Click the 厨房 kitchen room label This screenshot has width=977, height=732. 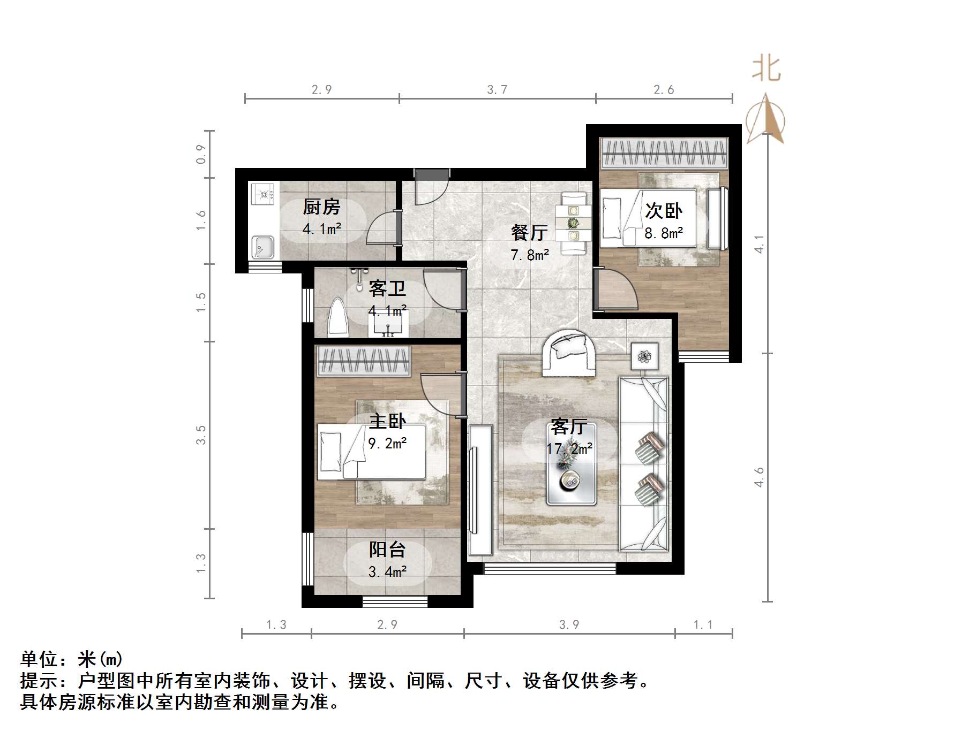[x=321, y=207]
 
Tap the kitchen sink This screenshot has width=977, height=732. [x=263, y=247]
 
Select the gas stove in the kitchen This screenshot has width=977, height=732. [x=263, y=194]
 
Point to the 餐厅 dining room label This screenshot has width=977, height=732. [x=529, y=232]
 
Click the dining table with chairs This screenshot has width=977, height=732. [x=573, y=223]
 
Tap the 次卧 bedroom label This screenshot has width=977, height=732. [x=663, y=210]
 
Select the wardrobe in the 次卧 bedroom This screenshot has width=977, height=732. [x=664, y=153]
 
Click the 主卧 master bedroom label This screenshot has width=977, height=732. [x=387, y=421]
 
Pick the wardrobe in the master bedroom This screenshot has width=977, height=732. [x=364, y=361]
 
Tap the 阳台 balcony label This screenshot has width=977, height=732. [x=387, y=550]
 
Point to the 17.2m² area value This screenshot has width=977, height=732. [x=569, y=448]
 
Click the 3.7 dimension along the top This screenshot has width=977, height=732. [x=497, y=89]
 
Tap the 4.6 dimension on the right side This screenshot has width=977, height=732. [x=759, y=477]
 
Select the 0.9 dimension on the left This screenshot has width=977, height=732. [x=201, y=154]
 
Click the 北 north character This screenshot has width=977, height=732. [x=766, y=69]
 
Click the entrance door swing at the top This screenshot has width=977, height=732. [x=432, y=188]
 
